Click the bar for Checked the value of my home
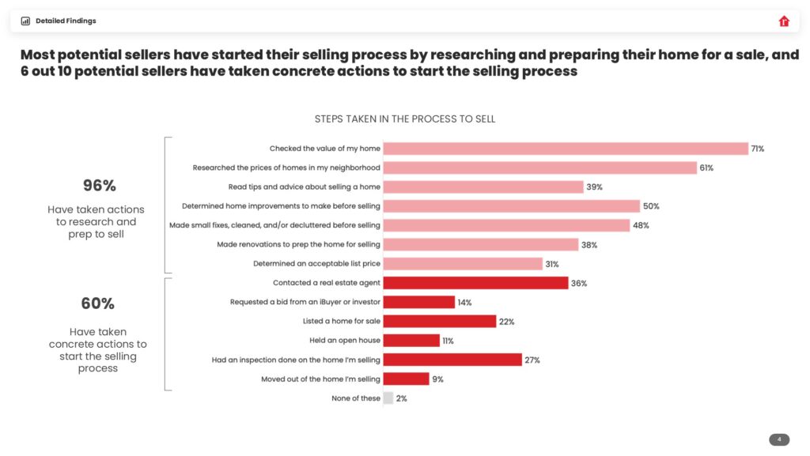click(x=566, y=149)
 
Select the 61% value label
click(x=706, y=168)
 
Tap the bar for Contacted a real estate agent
click(x=475, y=283)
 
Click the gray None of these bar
click(x=388, y=398)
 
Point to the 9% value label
click(x=437, y=379)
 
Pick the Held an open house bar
click(x=411, y=341)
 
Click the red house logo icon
click(x=784, y=21)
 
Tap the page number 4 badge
click(x=779, y=439)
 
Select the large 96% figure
click(x=100, y=186)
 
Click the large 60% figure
click(x=98, y=303)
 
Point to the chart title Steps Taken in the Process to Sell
click(x=405, y=119)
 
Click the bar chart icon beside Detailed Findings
click(x=25, y=21)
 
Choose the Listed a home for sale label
click(x=341, y=322)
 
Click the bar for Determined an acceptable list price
click(x=463, y=264)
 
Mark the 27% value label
click(x=532, y=360)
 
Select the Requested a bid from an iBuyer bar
click(x=419, y=302)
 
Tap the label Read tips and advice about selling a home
click(x=304, y=187)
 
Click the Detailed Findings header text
click(x=66, y=21)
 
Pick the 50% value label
click(x=650, y=206)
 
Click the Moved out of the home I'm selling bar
click(x=406, y=379)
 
